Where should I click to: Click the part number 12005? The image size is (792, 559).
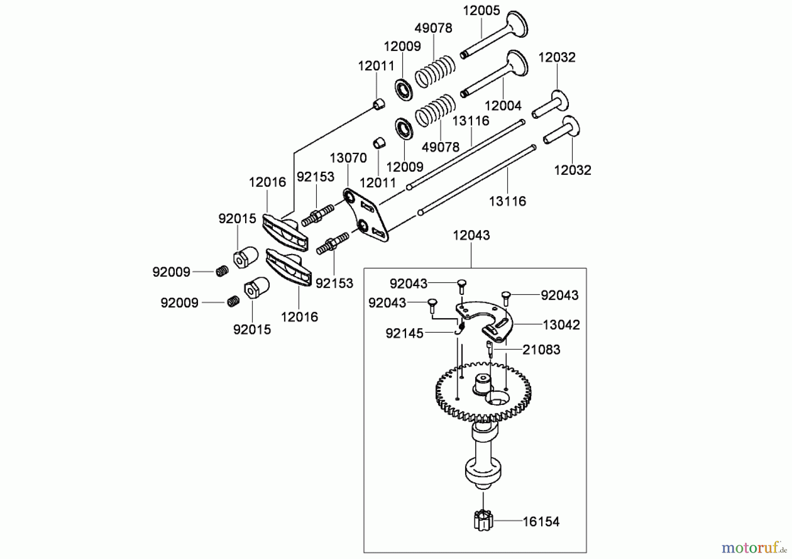(481, 11)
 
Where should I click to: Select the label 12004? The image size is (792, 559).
(503, 106)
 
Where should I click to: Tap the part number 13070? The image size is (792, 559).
(348, 158)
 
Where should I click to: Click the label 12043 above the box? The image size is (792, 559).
(471, 235)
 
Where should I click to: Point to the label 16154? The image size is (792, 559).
(541, 522)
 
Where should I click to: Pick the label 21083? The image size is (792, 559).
(541, 350)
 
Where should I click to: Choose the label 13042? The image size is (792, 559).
(561, 325)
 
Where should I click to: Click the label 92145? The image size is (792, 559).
(404, 333)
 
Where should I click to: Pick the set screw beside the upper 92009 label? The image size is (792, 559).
(222, 272)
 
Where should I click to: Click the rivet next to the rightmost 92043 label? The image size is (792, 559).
(505, 298)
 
